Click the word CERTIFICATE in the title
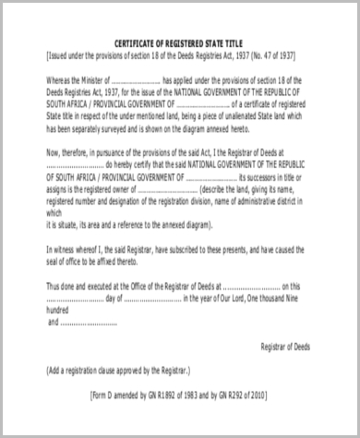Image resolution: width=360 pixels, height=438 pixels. point(136,42)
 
